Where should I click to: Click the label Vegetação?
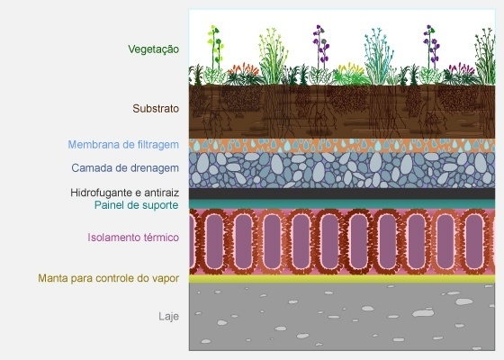pos(154,49)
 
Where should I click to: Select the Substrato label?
pos(156,109)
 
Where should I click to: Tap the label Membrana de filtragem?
pos(123,145)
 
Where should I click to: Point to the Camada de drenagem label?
pos(125,168)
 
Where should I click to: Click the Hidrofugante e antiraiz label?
pos(125,193)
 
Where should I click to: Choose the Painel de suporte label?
pos(136,205)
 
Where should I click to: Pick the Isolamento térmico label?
pos(133,238)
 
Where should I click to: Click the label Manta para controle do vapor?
pos(109,278)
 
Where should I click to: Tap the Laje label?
pos(169,317)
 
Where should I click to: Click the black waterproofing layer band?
pos(342,193)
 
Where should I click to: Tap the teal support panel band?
pos(342,204)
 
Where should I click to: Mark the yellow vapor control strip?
pos(342,279)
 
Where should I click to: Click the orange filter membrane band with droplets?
pos(342,146)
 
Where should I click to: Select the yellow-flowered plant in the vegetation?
pos(349,75)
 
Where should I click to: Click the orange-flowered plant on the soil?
pos(244,75)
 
